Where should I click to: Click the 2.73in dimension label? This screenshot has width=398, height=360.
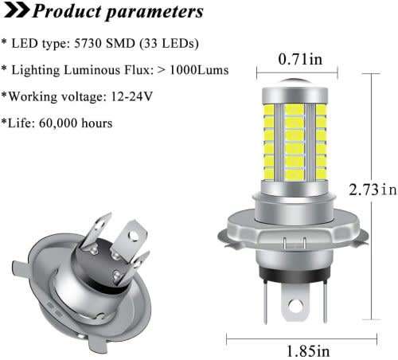(x=372, y=190)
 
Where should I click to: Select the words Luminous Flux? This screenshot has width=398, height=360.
(x=88, y=70)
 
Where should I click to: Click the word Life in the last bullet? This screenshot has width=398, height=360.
(x=18, y=123)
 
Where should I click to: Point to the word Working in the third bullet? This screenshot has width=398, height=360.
(x=31, y=96)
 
